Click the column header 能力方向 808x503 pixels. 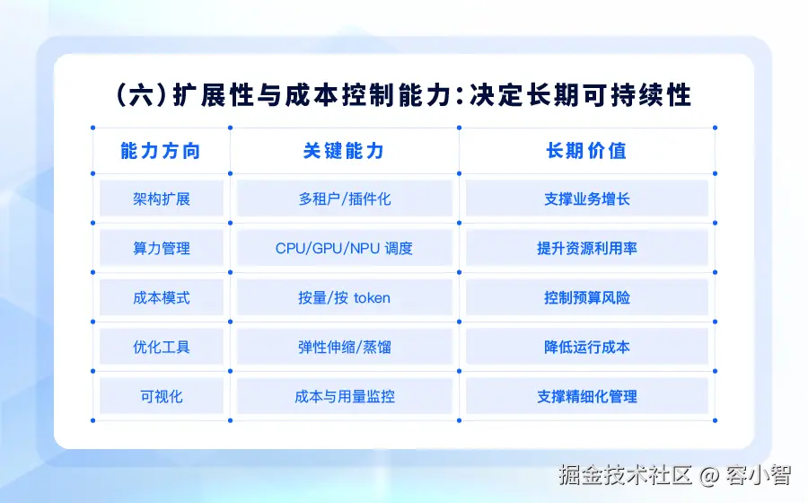click(x=161, y=151)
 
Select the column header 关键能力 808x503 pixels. click(x=344, y=151)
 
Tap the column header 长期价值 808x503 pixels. click(x=586, y=151)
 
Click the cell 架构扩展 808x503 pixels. click(x=162, y=199)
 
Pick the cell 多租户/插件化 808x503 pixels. click(x=345, y=199)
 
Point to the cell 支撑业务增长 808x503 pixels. click(x=587, y=199)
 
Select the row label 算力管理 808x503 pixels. click(x=162, y=249)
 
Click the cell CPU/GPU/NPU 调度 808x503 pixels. click(x=344, y=249)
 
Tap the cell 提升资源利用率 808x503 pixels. click(x=587, y=249)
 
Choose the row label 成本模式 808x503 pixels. click(x=162, y=298)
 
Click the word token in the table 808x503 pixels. click(x=372, y=298)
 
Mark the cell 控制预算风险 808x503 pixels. click(x=587, y=298)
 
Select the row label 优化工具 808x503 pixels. click(x=162, y=348)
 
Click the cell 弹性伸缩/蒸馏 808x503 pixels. click(x=345, y=348)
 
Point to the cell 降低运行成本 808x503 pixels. click(x=587, y=348)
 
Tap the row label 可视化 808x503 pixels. click(x=162, y=397)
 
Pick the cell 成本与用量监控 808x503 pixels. click(x=345, y=397)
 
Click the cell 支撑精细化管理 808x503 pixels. click(x=587, y=397)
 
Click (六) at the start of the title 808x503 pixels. click(x=141, y=96)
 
